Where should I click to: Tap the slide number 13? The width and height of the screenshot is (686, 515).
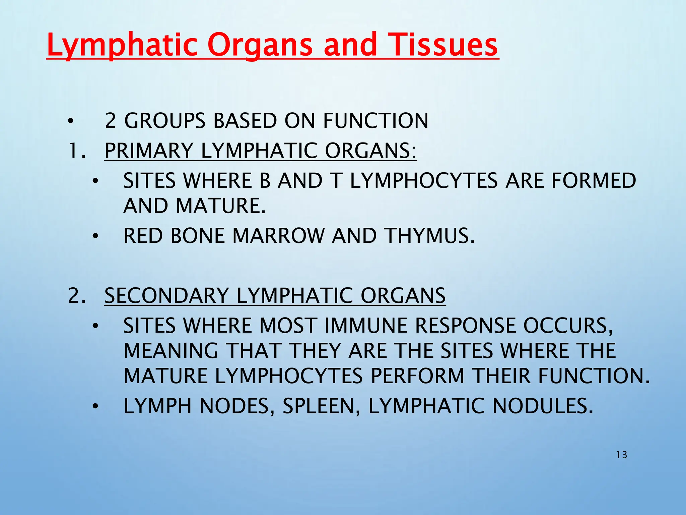tap(622, 455)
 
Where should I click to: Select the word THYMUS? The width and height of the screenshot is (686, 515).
tap(429, 236)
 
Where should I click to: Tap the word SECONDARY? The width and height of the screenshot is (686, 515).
tap(166, 296)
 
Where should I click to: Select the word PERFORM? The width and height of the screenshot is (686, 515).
tap(417, 376)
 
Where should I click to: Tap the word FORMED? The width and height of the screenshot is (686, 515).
tap(594, 181)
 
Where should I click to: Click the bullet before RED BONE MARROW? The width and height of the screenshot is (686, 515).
tap(95, 236)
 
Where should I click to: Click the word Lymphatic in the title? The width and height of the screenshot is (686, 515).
tap(123, 45)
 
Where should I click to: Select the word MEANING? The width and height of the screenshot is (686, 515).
tap(171, 351)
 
